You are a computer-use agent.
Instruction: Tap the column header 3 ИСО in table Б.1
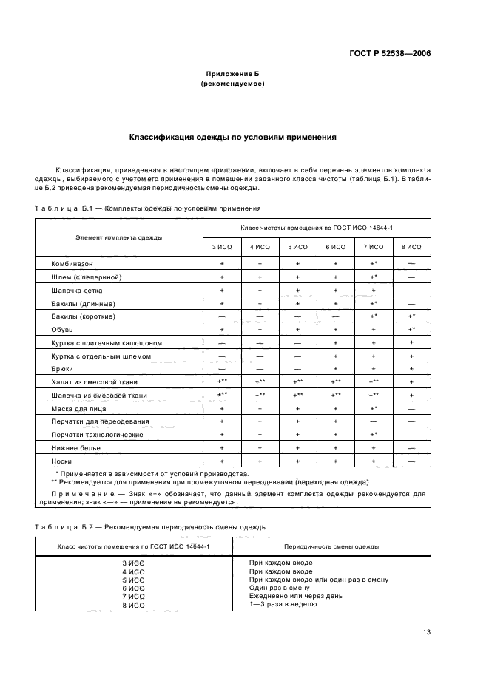(222, 246)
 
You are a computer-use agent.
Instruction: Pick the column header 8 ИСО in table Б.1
(411, 246)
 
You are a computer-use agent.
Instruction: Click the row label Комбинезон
(72, 263)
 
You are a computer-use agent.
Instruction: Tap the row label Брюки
(62, 368)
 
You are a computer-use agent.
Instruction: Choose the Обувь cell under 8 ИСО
(411, 329)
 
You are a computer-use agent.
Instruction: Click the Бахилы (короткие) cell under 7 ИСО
(374, 316)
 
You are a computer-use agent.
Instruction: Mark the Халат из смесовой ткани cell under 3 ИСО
(222, 381)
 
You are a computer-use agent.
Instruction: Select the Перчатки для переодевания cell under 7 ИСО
(374, 421)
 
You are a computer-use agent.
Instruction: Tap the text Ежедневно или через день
(294, 596)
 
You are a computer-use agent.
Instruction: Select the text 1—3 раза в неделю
(283, 604)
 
